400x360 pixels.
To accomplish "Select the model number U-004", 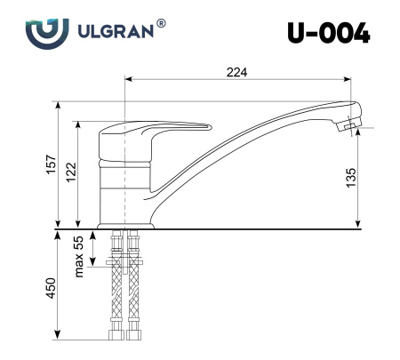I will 326,32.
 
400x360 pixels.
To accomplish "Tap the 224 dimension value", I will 236,71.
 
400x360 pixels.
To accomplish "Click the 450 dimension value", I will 52,289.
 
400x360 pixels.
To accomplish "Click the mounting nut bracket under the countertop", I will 124,263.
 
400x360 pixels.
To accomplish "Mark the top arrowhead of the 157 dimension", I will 60,105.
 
